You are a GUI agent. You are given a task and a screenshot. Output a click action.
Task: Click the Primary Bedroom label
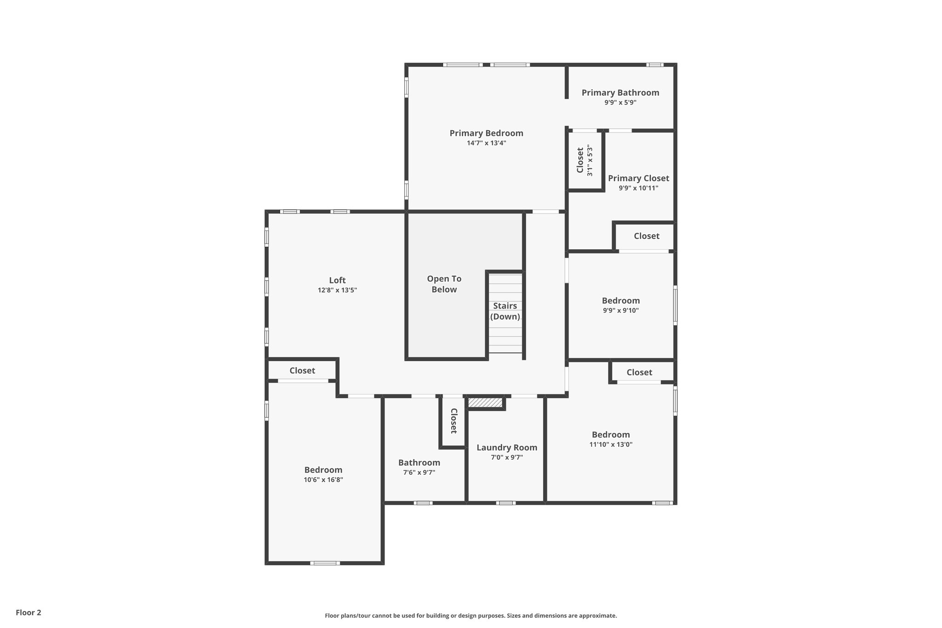click(486, 133)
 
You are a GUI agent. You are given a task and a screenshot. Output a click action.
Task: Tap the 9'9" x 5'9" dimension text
click(620, 103)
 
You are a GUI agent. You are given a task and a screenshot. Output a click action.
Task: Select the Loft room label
click(337, 280)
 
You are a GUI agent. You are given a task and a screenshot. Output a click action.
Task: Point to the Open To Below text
click(444, 284)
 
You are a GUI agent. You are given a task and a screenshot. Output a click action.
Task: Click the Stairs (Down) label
click(505, 311)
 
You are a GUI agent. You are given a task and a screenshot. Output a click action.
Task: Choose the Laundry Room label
click(506, 448)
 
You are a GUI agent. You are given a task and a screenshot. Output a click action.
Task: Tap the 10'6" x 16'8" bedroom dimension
click(323, 480)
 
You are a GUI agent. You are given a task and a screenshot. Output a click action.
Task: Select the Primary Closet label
click(638, 178)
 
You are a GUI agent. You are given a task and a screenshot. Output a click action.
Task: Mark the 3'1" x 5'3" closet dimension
click(590, 160)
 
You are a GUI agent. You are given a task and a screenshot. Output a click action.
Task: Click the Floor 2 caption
click(29, 612)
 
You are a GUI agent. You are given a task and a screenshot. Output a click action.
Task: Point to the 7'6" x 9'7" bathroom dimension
click(419, 472)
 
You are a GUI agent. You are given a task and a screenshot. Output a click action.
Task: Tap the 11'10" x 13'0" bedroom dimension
click(611, 444)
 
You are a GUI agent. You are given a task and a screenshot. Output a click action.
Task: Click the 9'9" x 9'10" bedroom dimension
click(620, 311)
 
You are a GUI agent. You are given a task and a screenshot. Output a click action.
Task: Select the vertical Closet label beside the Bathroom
click(454, 421)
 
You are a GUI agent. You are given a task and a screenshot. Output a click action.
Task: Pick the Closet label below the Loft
click(302, 370)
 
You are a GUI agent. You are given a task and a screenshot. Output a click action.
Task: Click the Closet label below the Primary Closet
click(646, 236)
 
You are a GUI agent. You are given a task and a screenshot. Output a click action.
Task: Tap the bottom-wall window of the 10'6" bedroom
click(325, 563)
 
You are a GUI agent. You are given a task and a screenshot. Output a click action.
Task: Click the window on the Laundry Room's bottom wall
click(505, 503)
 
